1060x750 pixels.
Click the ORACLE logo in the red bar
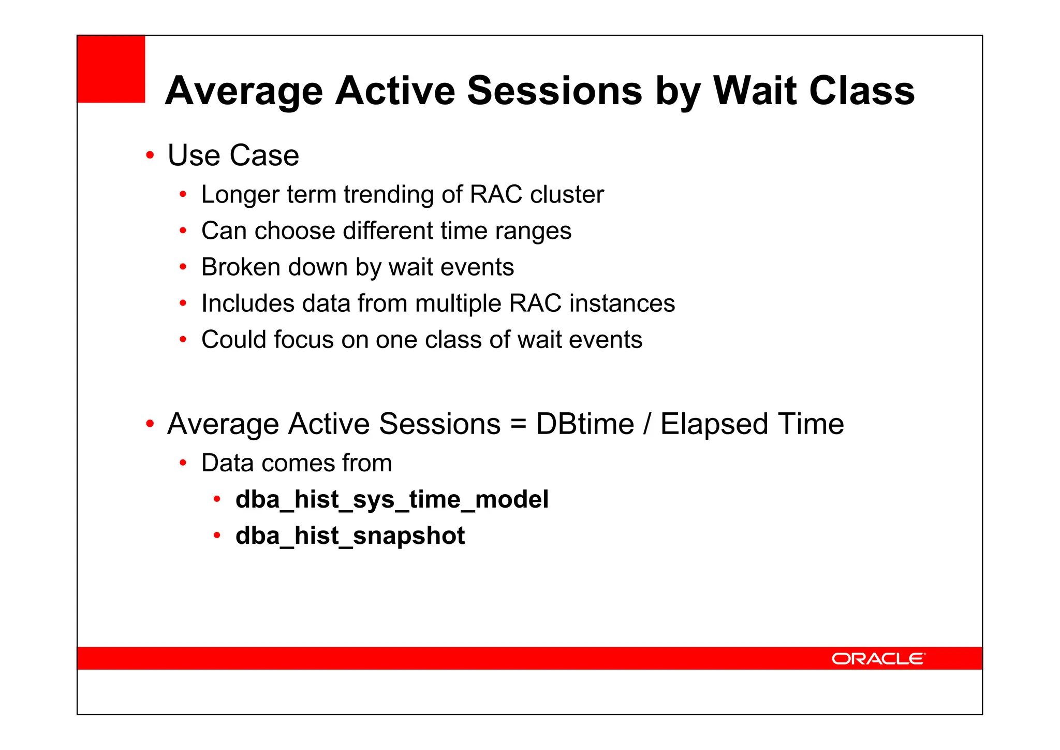878,658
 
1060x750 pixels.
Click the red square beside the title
111,69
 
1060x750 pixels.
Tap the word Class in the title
862,91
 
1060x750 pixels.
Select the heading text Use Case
233,155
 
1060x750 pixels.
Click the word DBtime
585,424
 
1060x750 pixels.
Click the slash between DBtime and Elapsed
647,424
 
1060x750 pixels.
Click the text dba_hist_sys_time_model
392,500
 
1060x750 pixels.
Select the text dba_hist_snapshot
350,536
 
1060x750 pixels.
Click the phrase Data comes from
297,463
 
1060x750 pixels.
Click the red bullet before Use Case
150,155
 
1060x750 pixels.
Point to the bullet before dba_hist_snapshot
217,536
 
